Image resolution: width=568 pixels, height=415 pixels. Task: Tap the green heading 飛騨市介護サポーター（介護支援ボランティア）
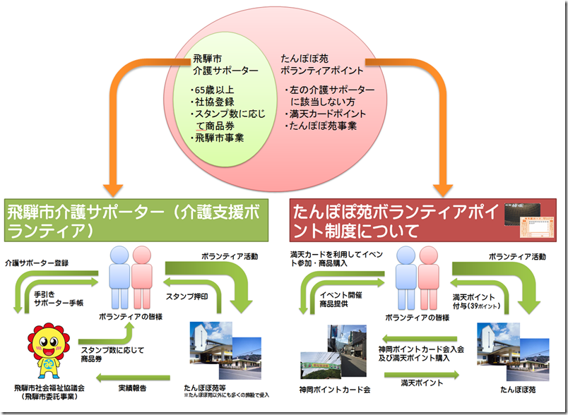click(x=141, y=219)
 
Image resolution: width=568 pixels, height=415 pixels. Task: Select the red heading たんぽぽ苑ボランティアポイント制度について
click(x=396, y=219)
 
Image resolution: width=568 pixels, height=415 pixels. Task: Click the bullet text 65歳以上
click(x=215, y=90)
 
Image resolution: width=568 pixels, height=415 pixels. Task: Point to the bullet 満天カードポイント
click(x=326, y=114)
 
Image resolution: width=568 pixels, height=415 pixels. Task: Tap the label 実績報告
click(x=132, y=387)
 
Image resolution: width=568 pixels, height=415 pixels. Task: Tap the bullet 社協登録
click(x=213, y=102)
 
